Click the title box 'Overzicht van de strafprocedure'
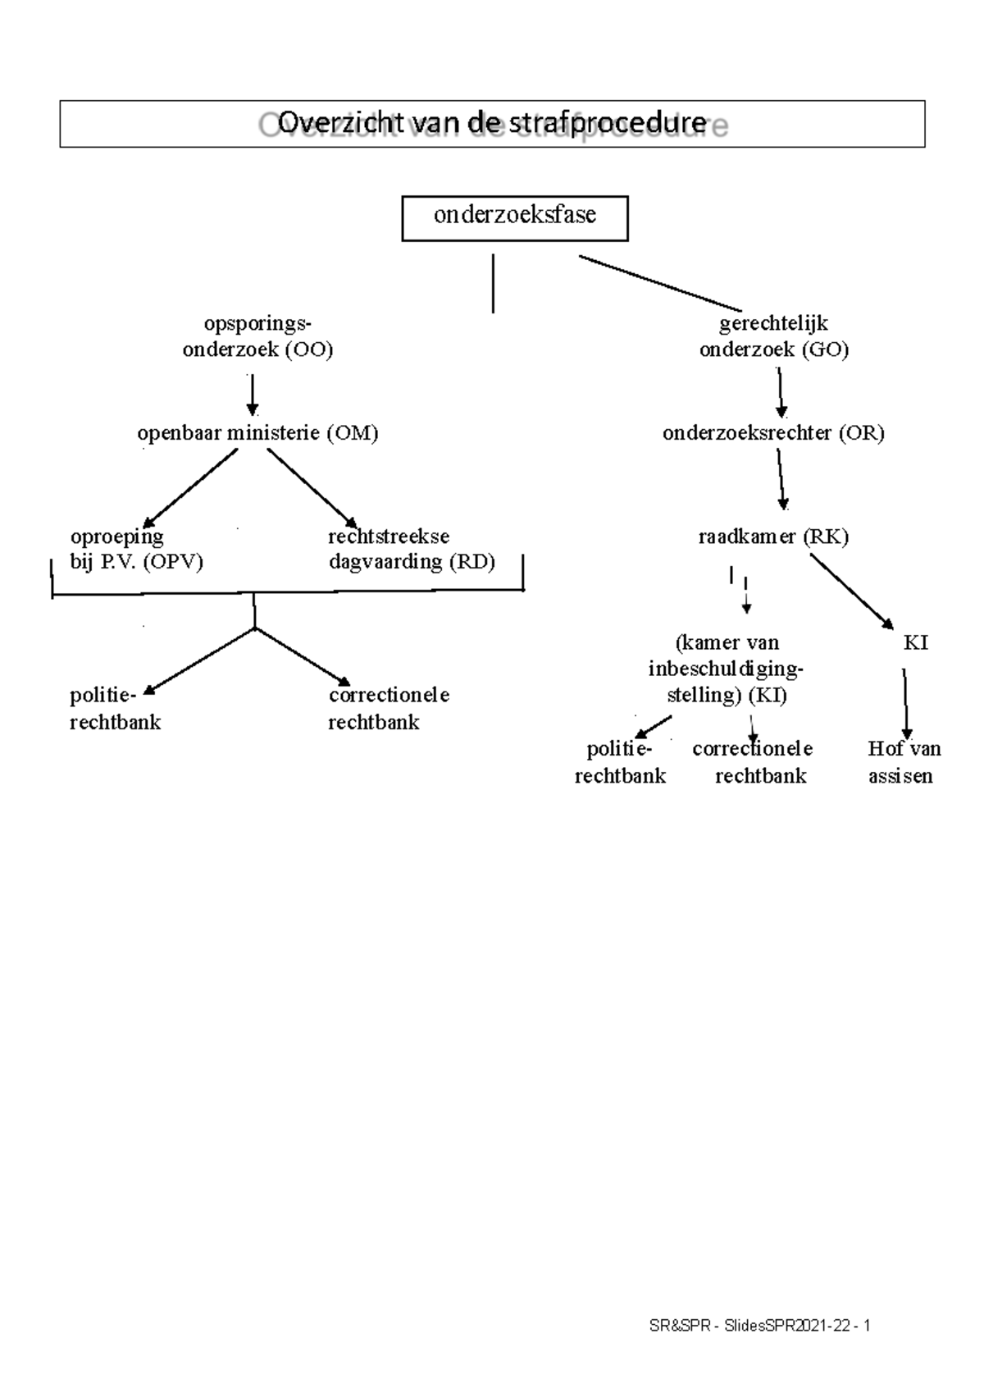(492, 124)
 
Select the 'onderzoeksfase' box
(514, 217)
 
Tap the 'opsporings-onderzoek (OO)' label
(257, 336)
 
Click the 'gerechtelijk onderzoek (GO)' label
(773, 336)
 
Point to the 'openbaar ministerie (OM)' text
(257, 433)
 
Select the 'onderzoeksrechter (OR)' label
(773, 433)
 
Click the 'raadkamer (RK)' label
(773, 537)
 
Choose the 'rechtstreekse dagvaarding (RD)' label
(411, 549)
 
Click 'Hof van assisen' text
(903, 762)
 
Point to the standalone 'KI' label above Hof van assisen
(915, 643)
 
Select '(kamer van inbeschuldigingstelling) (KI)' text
(727, 669)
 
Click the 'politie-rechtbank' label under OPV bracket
(115, 709)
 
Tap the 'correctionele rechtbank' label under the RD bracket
(388, 709)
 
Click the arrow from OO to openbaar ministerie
(253, 395)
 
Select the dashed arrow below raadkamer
(746, 595)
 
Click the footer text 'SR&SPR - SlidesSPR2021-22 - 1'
(759, 1327)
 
